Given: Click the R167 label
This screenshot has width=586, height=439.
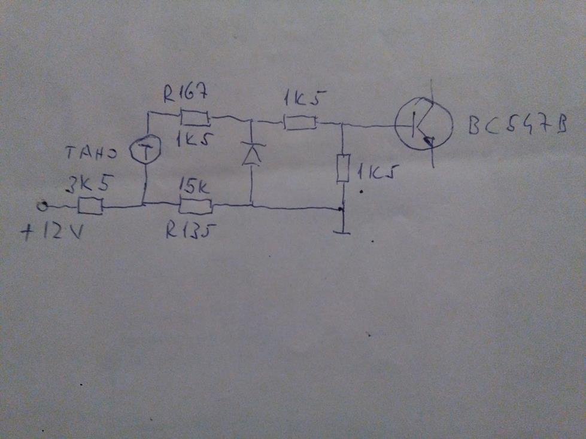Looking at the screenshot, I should click(183, 94).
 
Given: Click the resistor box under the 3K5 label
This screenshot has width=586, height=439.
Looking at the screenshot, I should click(90, 206).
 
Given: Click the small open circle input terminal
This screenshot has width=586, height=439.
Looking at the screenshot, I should click(42, 206).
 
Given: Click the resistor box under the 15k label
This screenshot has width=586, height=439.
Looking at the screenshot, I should click(196, 207).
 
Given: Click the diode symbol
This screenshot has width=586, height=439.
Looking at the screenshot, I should click(251, 155).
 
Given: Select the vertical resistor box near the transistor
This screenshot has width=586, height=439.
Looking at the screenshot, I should click(342, 169).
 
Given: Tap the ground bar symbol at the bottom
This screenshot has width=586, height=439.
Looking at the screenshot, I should click(342, 231).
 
